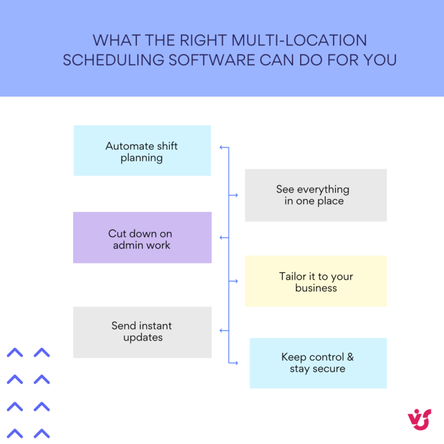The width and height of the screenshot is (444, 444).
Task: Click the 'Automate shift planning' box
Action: coord(142,151)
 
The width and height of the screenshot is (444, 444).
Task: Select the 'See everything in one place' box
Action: coord(316,195)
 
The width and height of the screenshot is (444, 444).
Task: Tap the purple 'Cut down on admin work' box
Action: coord(142,238)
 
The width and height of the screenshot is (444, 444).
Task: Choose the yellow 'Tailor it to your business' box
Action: coord(316,282)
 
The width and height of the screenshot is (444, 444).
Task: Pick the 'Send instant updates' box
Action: coord(142,332)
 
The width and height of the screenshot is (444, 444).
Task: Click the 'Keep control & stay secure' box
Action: coord(318,363)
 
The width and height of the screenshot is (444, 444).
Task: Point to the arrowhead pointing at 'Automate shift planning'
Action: coord(221,147)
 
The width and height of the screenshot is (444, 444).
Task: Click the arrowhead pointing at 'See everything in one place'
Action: coord(235,195)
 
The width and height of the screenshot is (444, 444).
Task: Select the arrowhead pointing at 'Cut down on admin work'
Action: coord(221,238)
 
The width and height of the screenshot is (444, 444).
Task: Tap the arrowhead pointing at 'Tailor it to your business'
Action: coord(235,281)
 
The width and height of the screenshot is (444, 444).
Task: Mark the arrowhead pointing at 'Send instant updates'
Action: coord(221,331)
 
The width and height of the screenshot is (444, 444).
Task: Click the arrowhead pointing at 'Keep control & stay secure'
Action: coord(235,363)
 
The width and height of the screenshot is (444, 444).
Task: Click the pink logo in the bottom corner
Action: coord(419,419)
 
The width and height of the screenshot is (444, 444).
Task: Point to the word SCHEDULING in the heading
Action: coord(111,60)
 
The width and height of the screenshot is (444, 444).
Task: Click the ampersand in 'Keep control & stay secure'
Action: coord(349,357)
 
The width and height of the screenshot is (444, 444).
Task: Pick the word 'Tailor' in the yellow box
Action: coord(293,276)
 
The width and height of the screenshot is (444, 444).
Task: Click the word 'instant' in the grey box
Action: coord(156,326)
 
